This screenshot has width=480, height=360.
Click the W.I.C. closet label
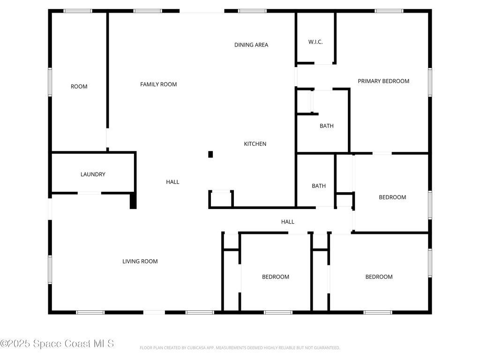pos(315,42)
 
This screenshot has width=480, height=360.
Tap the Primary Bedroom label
pos(383,81)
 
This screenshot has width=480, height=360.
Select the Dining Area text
pos(251,45)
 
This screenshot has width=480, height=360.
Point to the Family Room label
pos(158,84)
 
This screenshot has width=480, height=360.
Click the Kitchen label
pos(255,144)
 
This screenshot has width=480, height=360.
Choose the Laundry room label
pos(93,174)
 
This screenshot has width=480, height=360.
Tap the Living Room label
pos(140,262)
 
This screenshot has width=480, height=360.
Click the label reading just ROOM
pos(79,87)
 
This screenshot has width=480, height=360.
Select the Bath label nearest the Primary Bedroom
pos(327,126)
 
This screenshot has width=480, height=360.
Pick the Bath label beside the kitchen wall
pos(319,186)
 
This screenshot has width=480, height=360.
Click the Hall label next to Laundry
pos(172,182)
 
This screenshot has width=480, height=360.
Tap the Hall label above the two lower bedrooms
pos(288,222)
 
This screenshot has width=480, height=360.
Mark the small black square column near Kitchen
pos(210,154)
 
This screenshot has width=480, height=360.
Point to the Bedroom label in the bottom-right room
pos(379,277)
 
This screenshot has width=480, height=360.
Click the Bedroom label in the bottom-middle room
pos(276,277)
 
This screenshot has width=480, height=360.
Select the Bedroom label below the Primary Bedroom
pos(392,197)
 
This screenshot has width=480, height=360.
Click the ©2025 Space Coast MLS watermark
pos(57,344)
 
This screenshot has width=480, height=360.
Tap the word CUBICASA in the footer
pos(196,348)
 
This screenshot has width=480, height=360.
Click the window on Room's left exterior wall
pos(50,82)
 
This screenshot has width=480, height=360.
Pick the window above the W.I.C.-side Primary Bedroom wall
pos(389,11)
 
